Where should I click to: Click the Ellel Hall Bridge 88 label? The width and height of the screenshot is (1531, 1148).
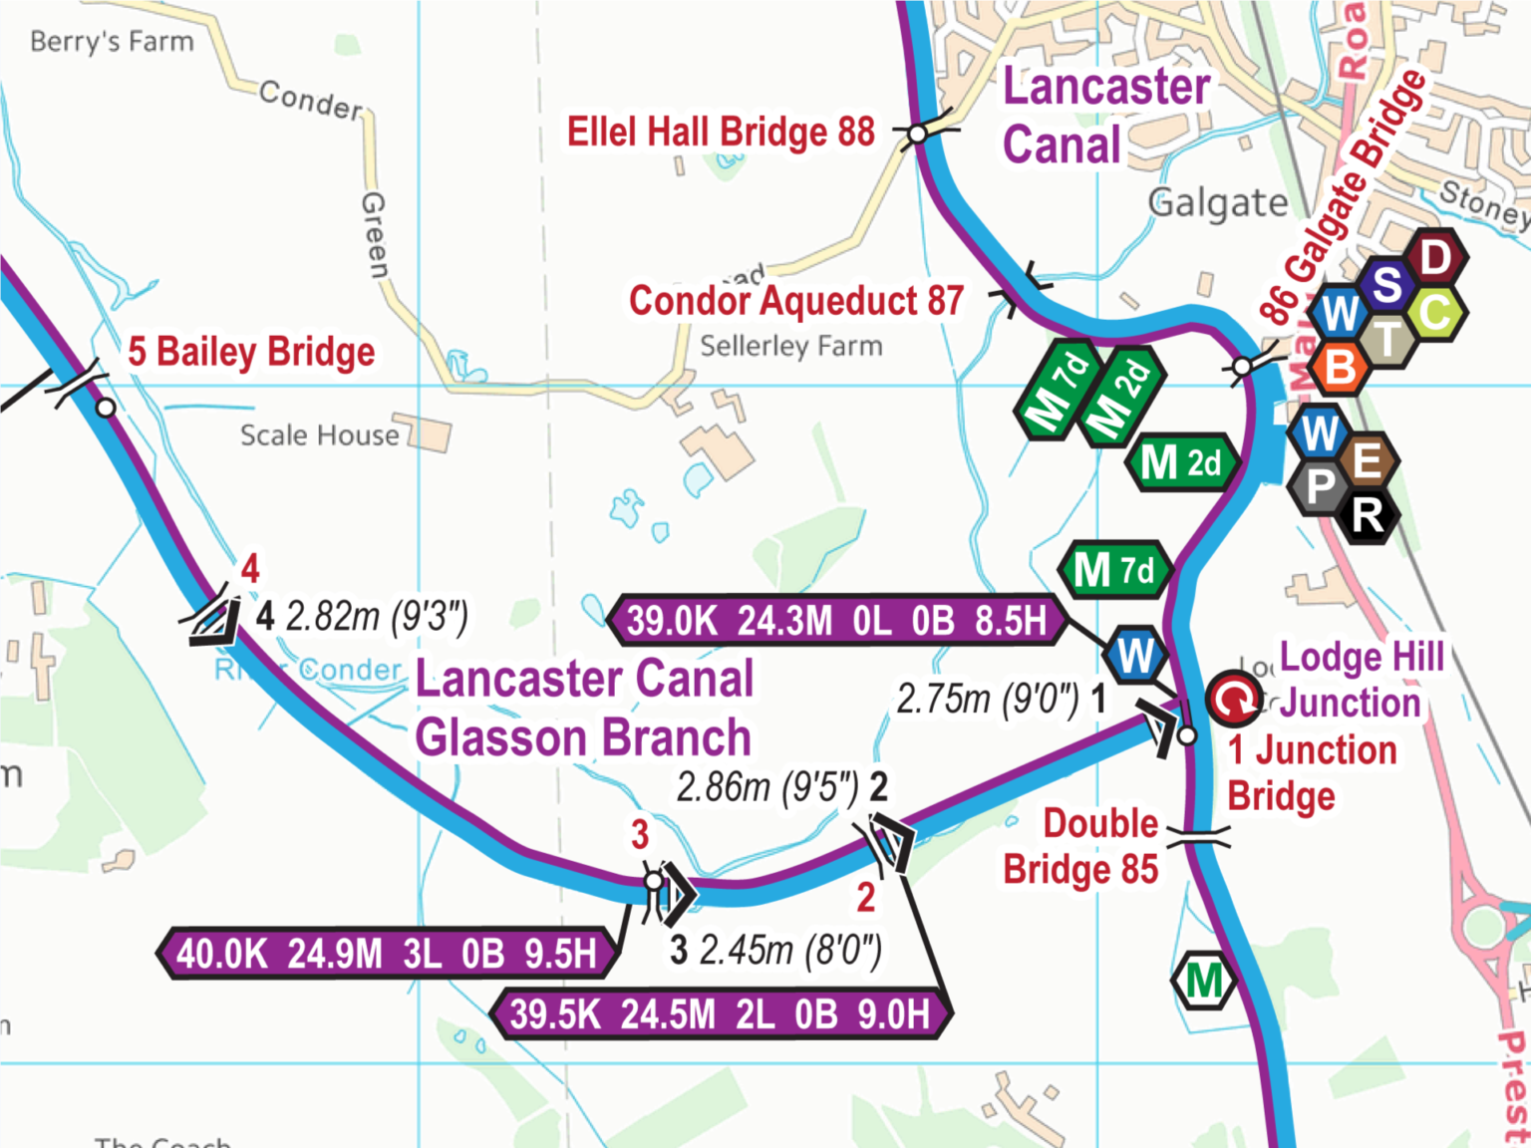click(721, 132)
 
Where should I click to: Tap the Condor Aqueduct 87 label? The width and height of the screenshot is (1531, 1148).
click(795, 300)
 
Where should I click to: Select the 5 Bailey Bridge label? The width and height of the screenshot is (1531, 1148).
click(251, 352)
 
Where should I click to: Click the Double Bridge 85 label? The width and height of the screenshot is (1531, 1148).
click(1082, 846)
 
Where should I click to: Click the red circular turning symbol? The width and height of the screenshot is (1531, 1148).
click(1234, 699)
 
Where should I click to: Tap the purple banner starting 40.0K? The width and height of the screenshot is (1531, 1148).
click(387, 954)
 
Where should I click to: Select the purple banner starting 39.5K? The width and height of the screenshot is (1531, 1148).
click(720, 1014)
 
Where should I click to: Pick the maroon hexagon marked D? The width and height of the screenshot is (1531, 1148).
click(1434, 258)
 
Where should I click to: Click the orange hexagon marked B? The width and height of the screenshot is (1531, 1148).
click(1341, 367)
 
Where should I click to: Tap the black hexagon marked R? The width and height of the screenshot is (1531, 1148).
click(1368, 515)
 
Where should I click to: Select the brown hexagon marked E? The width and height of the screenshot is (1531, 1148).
click(1367, 461)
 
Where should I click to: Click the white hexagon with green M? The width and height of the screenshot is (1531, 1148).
click(1204, 981)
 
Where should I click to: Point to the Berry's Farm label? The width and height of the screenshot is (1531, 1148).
click(112, 42)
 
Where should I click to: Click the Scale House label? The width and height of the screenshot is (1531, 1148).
click(319, 435)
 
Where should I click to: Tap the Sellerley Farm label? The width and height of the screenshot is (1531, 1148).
click(790, 346)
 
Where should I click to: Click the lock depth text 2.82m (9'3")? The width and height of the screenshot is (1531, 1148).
click(377, 617)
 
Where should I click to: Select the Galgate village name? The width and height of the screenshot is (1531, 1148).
click(1218, 203)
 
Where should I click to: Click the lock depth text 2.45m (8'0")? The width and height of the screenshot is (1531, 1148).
click(790, 950)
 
